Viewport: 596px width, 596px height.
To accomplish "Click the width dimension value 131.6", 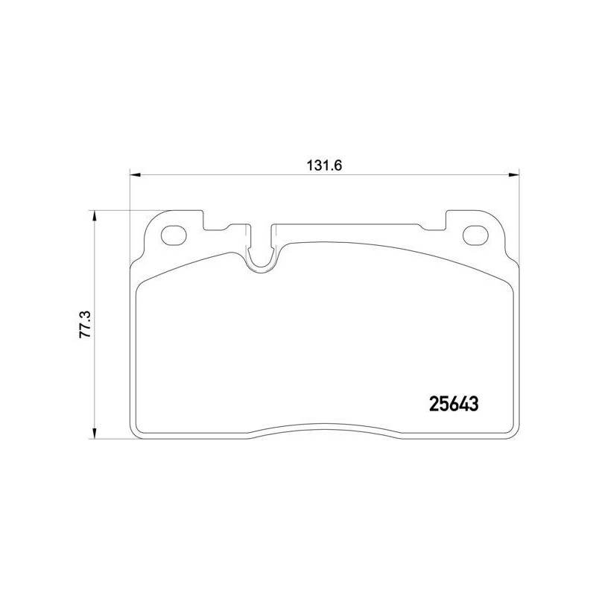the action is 325,165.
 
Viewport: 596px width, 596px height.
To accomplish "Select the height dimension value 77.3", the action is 84,324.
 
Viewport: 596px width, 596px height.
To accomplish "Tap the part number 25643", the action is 454,404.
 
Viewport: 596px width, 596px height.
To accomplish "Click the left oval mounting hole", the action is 174,235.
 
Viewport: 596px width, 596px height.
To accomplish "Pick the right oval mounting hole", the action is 475,235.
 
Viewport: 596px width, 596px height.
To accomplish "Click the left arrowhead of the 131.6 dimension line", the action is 136,175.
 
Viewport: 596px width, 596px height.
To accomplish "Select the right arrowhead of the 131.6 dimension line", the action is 514,175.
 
